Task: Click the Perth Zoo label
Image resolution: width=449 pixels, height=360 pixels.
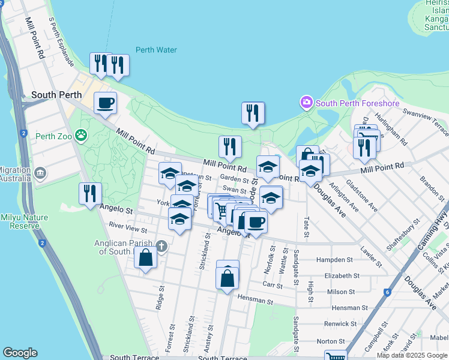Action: point(53,136)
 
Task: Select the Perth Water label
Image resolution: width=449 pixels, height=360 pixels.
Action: point(156,50)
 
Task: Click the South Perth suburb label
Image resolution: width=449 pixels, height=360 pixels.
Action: point(56,95)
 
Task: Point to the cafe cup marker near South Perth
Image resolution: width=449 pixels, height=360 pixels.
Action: point(106,103)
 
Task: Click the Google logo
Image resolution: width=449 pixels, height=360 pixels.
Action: point(20,353)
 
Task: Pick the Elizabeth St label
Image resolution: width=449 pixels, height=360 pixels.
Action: point(342,276)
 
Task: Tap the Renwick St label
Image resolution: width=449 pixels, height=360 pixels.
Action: point(340,324)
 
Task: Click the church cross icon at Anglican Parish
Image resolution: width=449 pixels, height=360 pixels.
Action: point(160,246)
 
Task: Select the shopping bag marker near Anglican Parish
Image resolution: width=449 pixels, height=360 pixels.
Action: point(145,258)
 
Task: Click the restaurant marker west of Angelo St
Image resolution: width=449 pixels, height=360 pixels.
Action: point(90,193)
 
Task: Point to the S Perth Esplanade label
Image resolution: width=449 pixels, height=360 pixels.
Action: point(62,41)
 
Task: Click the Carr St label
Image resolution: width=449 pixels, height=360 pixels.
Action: point(272,286)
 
